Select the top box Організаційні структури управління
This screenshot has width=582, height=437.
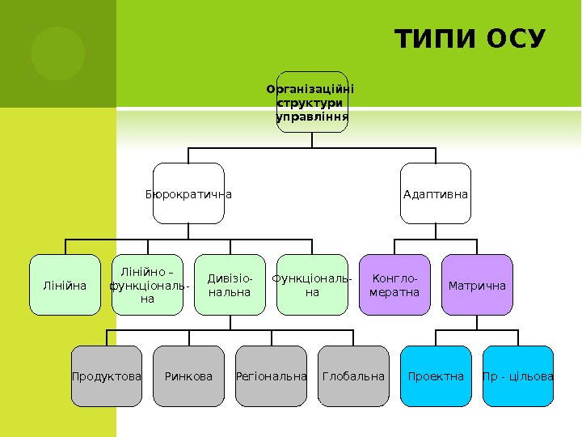[312, 102]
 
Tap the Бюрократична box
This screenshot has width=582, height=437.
[188, 193]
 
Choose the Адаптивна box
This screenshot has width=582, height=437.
[436, 193]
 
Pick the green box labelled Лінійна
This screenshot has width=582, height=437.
[65, 285]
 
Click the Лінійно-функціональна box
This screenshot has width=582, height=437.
[147, 285]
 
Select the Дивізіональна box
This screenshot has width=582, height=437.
[230, 285]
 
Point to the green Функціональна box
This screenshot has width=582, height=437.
[312, 285]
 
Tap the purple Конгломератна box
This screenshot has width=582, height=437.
[394, 285]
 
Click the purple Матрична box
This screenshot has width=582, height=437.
[477, 285]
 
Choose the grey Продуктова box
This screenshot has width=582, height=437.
[107, 376]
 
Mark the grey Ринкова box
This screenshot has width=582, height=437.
[188, 376]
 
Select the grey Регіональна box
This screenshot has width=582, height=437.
[271, 376]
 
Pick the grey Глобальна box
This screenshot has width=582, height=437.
[353, 376]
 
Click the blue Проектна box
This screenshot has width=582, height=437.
[436, 376]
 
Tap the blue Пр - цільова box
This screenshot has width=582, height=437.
[518, 376]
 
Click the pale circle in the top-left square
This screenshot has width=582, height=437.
[58, 53]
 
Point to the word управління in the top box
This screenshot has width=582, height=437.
[312, 117]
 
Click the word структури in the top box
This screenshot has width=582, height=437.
[310, 103]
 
